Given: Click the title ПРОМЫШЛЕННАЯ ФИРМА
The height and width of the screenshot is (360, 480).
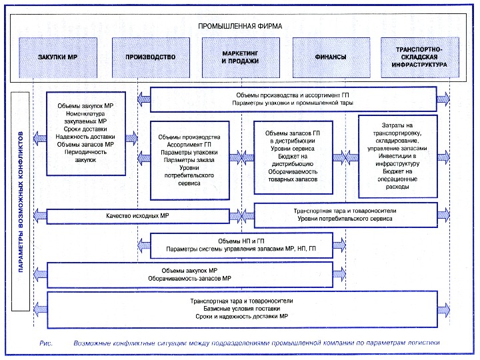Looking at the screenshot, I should pos(240,26).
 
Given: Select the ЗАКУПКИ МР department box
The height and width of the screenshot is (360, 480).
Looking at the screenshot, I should pos(58,57).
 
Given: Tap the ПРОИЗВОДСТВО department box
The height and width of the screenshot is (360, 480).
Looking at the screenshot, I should pos(150,57).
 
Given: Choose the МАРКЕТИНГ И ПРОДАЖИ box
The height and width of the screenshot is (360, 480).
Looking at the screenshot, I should pos(240,57).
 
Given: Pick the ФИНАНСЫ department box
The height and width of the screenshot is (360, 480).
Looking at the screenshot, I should pos(330,57).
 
